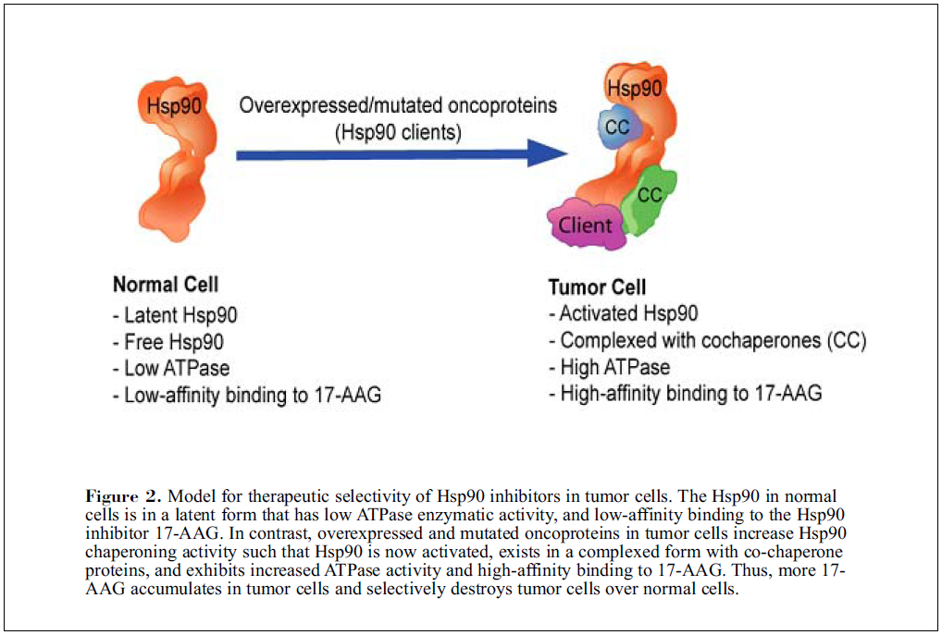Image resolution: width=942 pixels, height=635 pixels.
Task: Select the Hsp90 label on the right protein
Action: [x=634, y=90]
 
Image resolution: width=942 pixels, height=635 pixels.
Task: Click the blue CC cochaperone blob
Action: [x=615, y=128]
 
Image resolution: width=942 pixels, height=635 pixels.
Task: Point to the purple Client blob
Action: [x=586, y=225]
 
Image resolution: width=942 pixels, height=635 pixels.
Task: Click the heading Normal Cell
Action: [x=166, y=284]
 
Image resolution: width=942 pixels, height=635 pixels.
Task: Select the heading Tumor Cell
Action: [x=597, y=287]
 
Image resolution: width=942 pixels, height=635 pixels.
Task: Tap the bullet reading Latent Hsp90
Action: [x=175, y=315]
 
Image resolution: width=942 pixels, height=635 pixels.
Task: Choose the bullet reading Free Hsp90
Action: [x=167, y=342]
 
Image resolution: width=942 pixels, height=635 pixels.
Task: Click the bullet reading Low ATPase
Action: [x=170, y=368]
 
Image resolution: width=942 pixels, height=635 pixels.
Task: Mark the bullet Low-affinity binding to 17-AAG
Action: [x=246, y=395]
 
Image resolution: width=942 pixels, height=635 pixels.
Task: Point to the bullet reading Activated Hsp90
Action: [x=623, y=314]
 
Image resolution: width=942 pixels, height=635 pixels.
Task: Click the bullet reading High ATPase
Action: [x=609, y=367]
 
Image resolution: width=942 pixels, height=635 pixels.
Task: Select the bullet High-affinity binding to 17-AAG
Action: [x=685, y=394]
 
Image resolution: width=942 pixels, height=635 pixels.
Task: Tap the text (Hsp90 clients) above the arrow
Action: [x=397, y=132]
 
